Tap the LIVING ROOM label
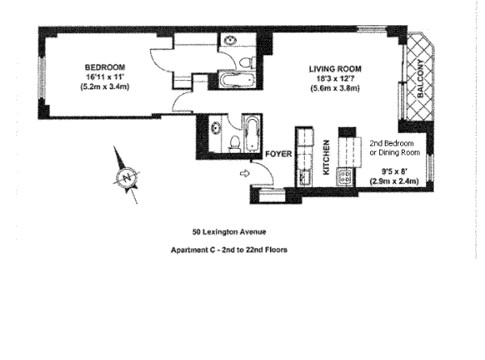pyautogui.click(x=335, y=67)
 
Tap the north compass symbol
pyautogui.click(x=125, y=176)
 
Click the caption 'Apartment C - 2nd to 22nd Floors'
pyautogui.click(x=230, y=250)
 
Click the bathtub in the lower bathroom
pyautogui.click(x=251, y=134)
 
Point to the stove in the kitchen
pyautogui.click(x=345, y=174)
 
